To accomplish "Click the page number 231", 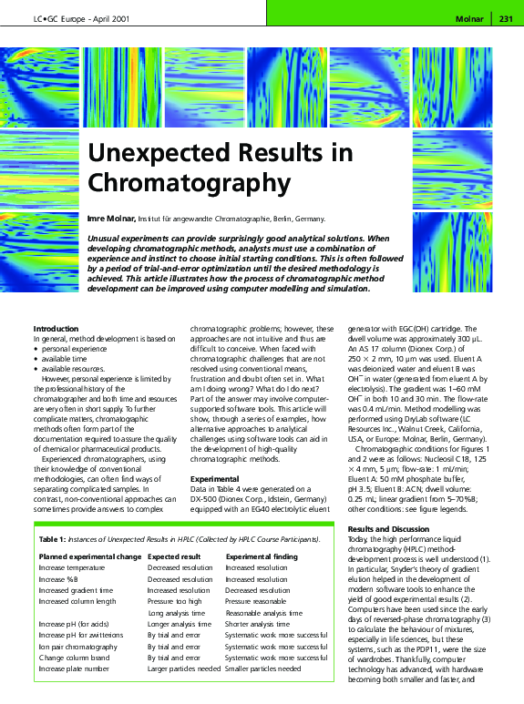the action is click(507, 17).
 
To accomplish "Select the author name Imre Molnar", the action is click(110, 219).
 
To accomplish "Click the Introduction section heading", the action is click(56, 328).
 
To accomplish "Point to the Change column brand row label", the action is click(75, 658).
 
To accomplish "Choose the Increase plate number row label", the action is click(74, 668).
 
